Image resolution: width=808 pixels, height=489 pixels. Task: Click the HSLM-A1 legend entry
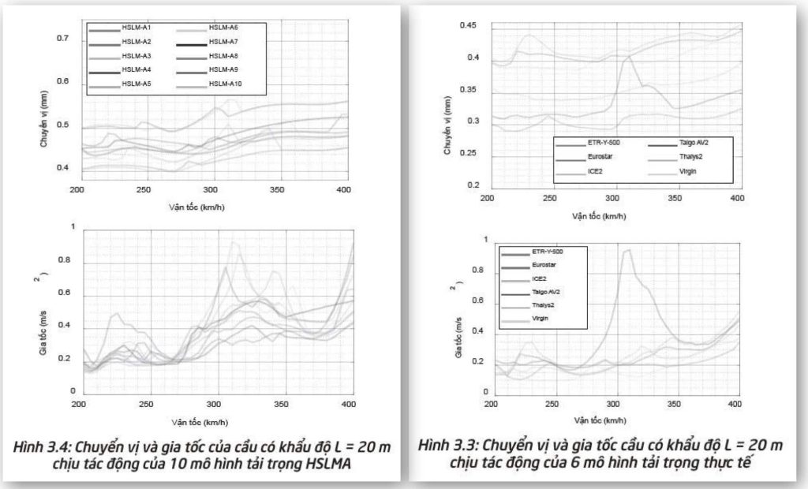pyautogui.click(x=137, y=28)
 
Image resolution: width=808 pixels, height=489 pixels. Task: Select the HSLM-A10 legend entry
pyautogui.click(x=225, y=84)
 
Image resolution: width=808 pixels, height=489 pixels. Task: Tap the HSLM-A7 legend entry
pyautogui.click(x=223, y=42)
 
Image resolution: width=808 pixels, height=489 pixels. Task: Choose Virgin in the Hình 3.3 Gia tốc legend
pyautogui.click(x=539, y=318)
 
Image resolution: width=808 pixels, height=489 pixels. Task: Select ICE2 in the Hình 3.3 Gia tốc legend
pyautogui.click(x=538, y=278)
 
